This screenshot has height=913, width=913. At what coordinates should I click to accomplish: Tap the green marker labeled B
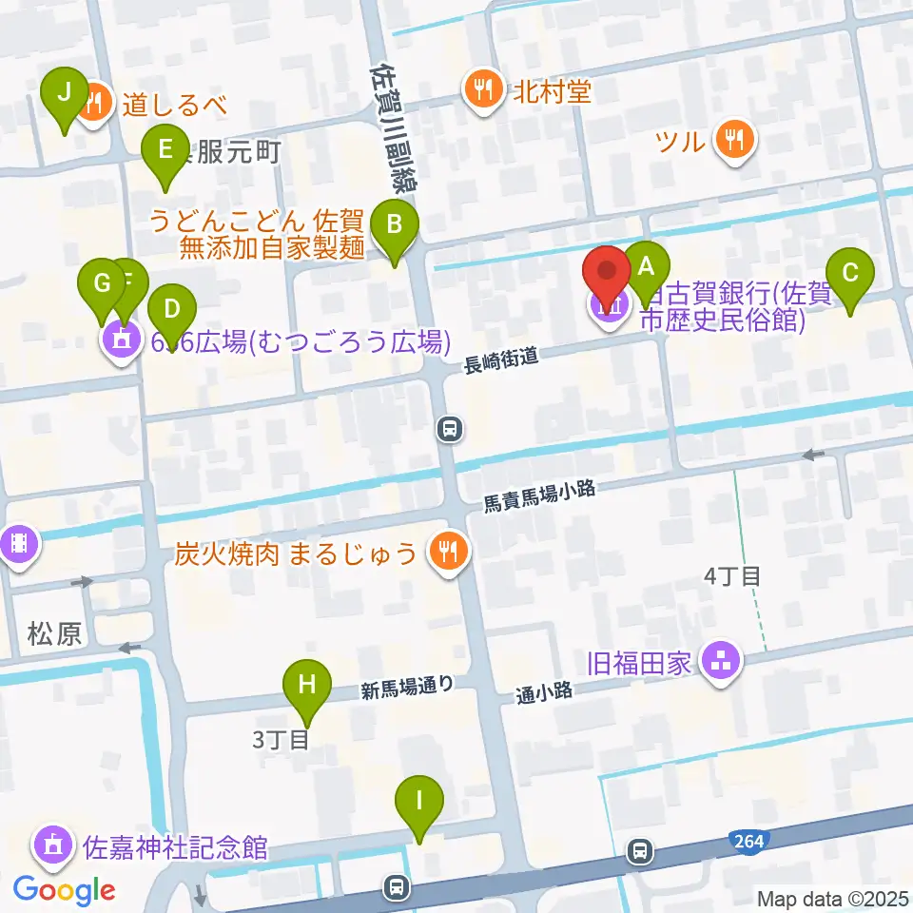pyautogui.click(x=392, y=226)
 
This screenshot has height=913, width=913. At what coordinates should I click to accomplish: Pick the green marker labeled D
pyautogui.click(x=172, y=309)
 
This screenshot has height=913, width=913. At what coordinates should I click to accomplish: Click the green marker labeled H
pyautogui.click(x=306, y=685)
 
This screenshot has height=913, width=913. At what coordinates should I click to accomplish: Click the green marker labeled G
pyautogui.click(x=102, y=283)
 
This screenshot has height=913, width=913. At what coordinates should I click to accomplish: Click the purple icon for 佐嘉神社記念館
pyautogui.click(x=52, y=845)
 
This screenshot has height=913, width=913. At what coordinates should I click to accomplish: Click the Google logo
pyautogui.click(x=65, y=890)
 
